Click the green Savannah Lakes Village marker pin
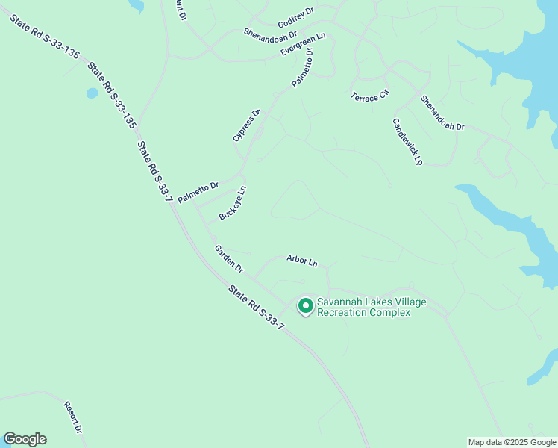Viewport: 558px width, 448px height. click(x=305, y=305)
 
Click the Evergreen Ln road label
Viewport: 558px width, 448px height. click(x=304, y=44)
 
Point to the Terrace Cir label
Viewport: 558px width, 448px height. click(x=371, y=95)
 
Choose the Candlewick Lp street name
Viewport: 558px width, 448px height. click(x=407, y=141)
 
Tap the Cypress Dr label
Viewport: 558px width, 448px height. click(x=246, y=125)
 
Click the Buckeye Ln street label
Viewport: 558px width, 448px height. click(x=233, y=203)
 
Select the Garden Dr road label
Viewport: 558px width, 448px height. click(x=229, y=258)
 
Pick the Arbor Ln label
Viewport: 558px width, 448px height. click(x=302, y=261)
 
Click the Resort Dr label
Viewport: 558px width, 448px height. click(x=72, y=417)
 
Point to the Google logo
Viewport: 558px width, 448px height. click(x=25, y=439)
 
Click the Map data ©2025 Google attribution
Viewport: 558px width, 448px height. click(x=512, y=442)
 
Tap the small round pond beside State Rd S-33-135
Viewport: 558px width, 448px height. click(x=92, y=93)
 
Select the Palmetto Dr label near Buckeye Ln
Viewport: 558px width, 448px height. click(x=198, y=192)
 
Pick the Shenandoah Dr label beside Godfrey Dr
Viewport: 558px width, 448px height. click(x=270, y=34)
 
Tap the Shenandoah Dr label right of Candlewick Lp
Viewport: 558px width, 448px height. click(x=442, y=113)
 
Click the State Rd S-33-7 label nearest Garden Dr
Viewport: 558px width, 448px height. click(x=257, y=308)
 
